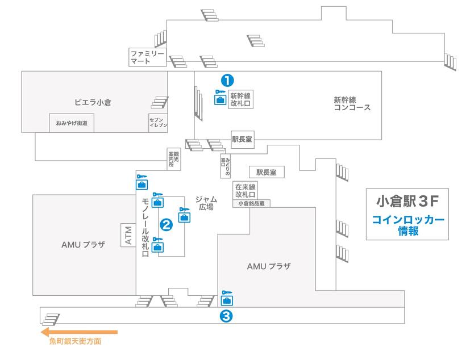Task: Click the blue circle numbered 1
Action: (227, 81)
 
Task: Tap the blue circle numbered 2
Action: (167, 225)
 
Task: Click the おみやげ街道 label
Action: (72, 123)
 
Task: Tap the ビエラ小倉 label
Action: (92, 102)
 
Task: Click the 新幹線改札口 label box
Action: (240, 100)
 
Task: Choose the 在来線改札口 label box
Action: (244, 190)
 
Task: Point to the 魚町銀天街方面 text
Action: (75, 342)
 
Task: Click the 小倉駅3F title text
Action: (407, 202)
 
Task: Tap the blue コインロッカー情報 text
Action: (407, 225)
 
